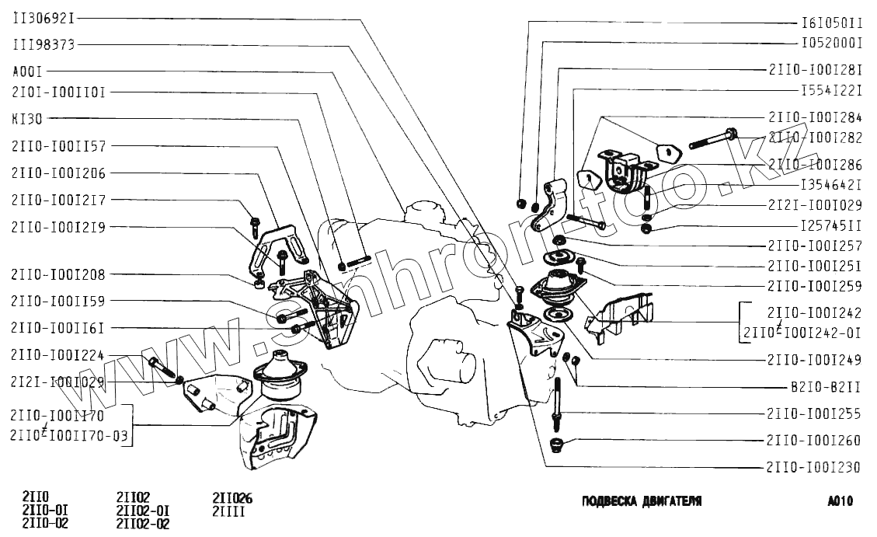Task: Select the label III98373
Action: click(44, 44)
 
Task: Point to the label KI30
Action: click(27, 120)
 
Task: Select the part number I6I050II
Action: click(832, 23)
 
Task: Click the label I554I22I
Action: click(832, 90)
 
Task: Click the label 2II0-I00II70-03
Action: click(70, 436)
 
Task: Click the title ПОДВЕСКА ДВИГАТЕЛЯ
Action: click(642, 501)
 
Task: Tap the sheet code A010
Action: click(840, 501)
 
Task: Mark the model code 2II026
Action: click(232, 498)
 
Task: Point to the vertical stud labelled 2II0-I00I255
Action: click(559, 400)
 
